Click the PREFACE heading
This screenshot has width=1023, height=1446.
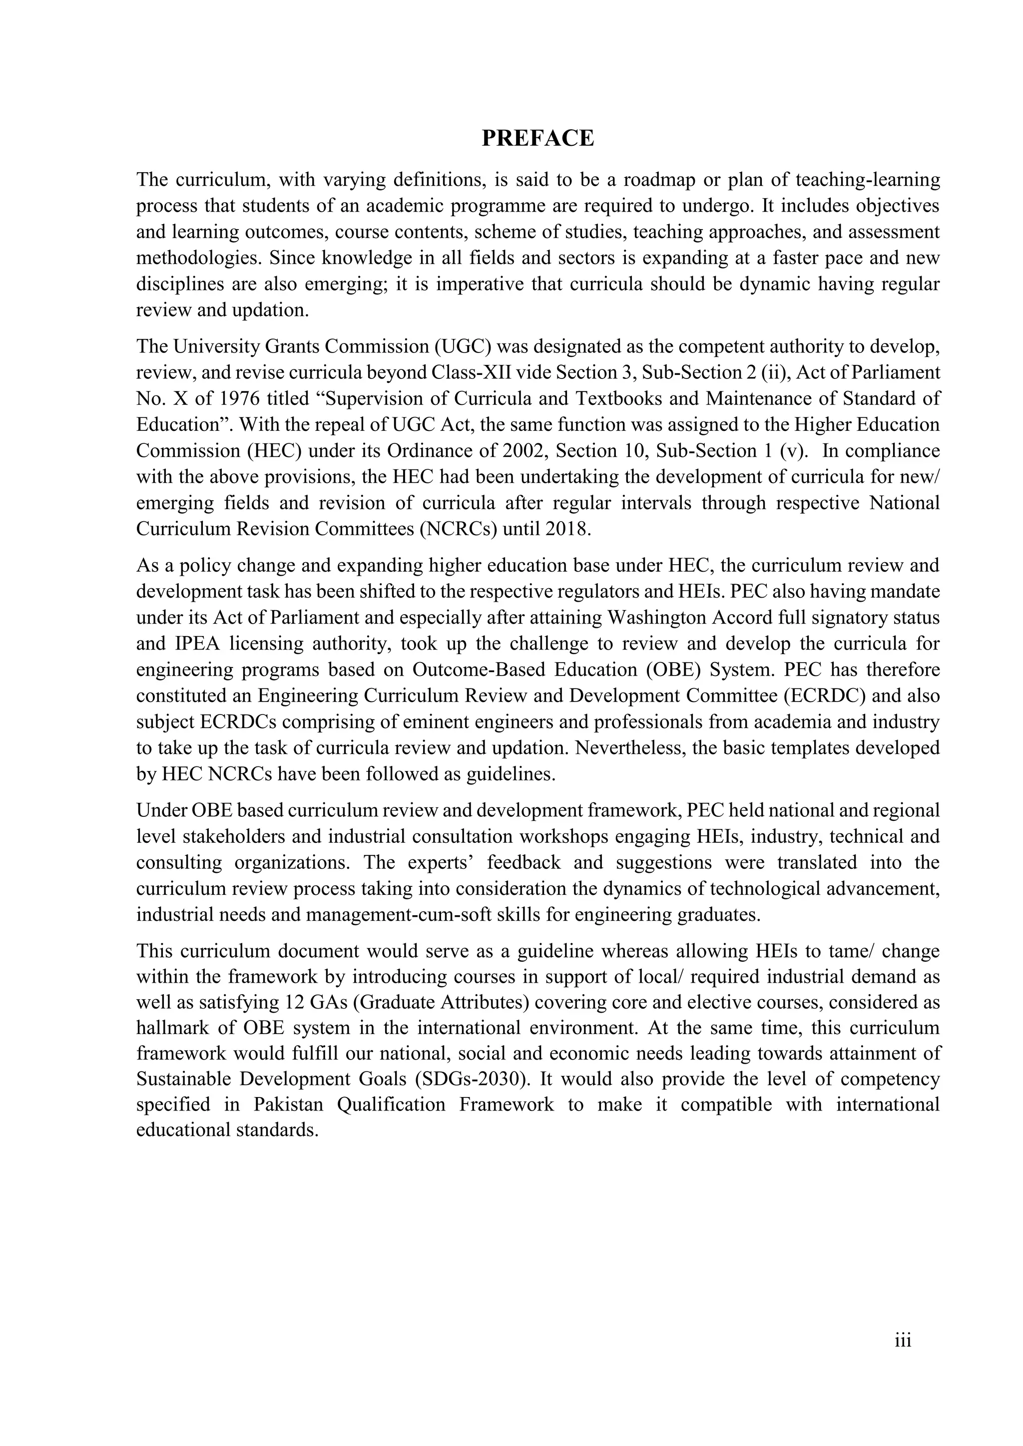[537, 138]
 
